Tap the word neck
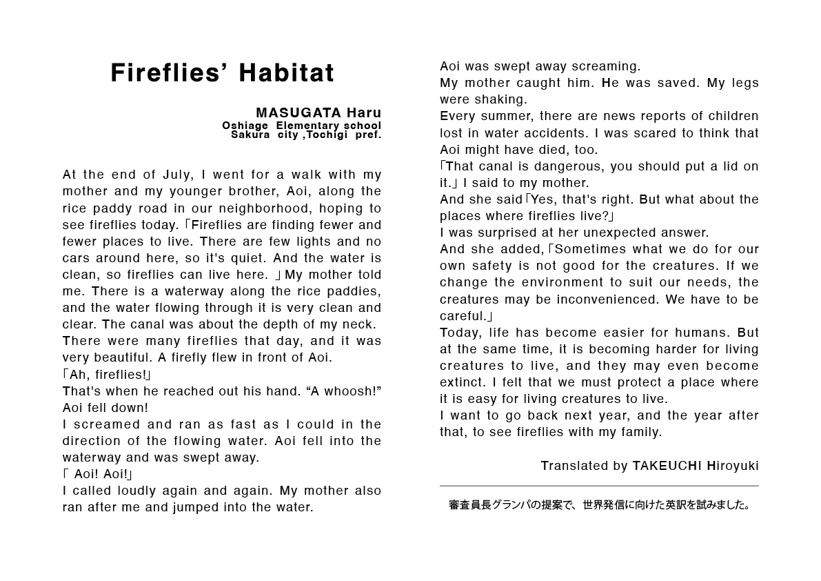pos(358,324)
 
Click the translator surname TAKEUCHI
pos(667,466)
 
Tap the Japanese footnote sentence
pos(599,505)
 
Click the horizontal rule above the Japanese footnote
pos(599,486)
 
